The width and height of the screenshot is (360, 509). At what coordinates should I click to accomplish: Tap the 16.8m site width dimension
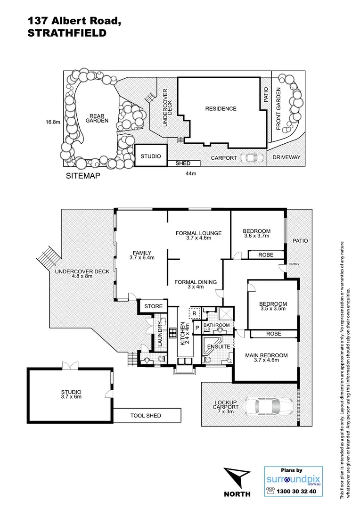pyautogui.click(x=53, y=122)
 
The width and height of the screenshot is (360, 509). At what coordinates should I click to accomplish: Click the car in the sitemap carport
pyautogui.click(x=252, y=157)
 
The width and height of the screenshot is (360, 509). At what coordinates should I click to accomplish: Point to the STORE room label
pyautogui.click(x=153, y=306)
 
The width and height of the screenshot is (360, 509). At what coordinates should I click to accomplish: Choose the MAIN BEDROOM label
pyautogui.click(x=266, y=356)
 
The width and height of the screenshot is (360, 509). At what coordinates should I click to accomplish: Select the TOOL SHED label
pyautogui.click(x=146, y=415)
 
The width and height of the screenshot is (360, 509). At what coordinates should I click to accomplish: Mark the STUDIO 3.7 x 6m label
pyautogui.click(x=71, y=394)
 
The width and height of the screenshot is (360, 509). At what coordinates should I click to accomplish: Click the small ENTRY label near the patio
pyautogui.click(x=294, y=264)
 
